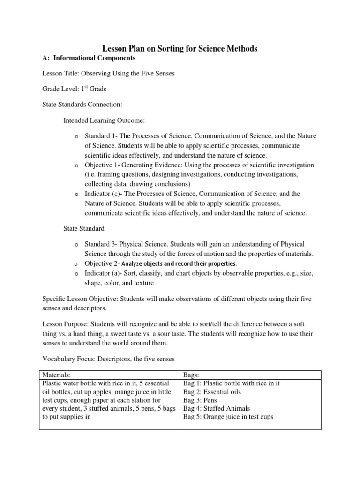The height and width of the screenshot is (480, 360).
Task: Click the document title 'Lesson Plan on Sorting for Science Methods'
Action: [180, 48]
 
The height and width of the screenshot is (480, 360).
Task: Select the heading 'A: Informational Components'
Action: [89, 58]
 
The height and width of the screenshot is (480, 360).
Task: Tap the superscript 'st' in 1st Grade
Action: [86, 87]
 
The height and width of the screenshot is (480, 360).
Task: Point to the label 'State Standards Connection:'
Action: [82, 105]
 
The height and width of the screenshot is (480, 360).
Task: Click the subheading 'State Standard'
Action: [84, 228]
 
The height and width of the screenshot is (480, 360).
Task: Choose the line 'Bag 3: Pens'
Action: [200, 400]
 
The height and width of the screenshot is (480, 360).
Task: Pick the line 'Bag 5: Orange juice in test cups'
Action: [228, 417]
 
